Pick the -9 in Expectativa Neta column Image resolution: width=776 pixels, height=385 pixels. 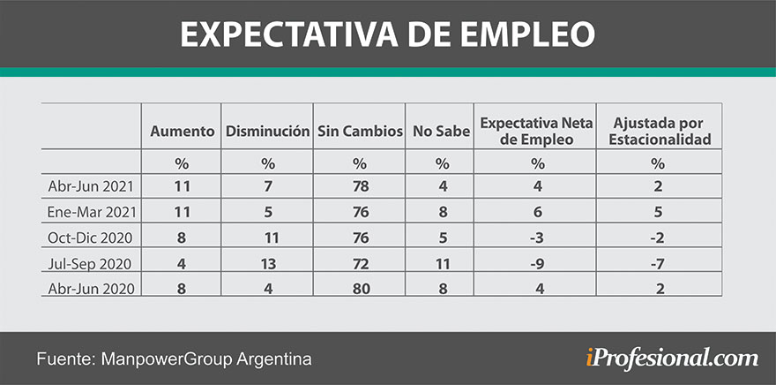click(535, 262)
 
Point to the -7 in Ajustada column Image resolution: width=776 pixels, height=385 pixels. click(658, 262)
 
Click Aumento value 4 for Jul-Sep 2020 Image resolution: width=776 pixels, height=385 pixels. click(183, 262)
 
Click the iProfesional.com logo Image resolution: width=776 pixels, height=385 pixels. click(671, 358)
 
